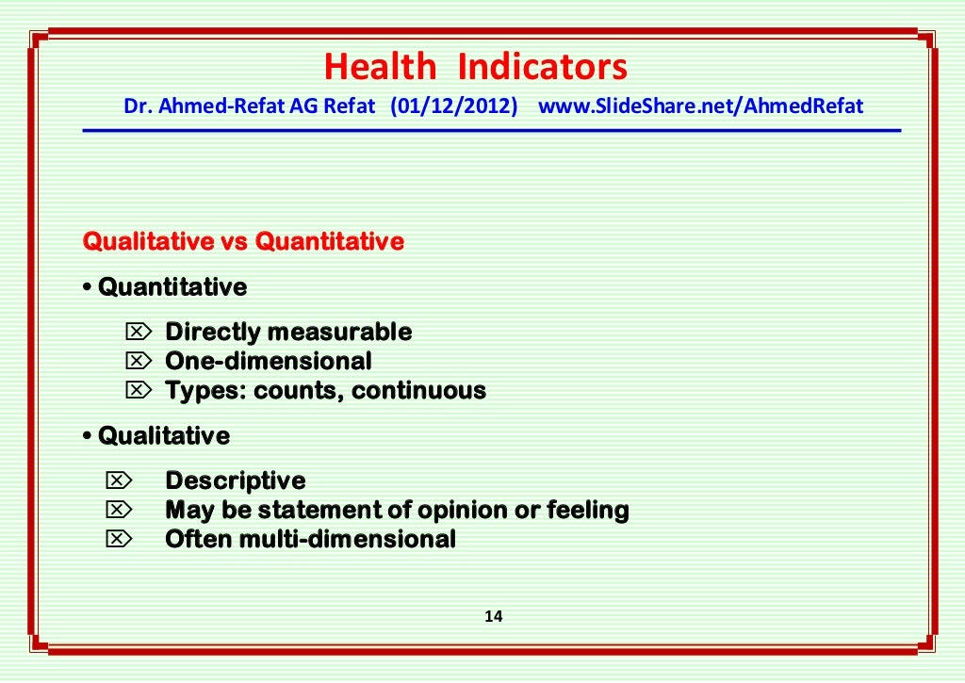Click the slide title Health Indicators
pyautogui.click(x=475, y=68)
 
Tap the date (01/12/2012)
pyautogui.click(x=454, y=106)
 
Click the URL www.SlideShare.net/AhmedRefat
pyautogui.click(x=700, y=106)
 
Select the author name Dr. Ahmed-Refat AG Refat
pyautogui.click(x=253, y=106)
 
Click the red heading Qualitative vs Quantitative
pyautogui.click(x=243, y=242)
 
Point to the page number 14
pyautogui.click(x=493, y=617)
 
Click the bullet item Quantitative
pyautogui.click(x=172, y=286)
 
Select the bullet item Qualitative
pyautogui.click(x=163, y=436)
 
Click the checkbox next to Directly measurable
pyautogui.click(x=138, y=332)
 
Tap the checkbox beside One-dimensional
pyautogui.click(x=138, y=361)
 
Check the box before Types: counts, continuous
pyautogui.click(x=138, y=390)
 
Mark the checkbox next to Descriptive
pyautogui.click(x=118, y=481)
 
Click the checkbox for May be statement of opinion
pyautogui.click(x=118, y=511)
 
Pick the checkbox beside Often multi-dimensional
pyautogui.click(x=118, y=540)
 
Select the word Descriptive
pyautogui.click(x=236, y=481)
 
